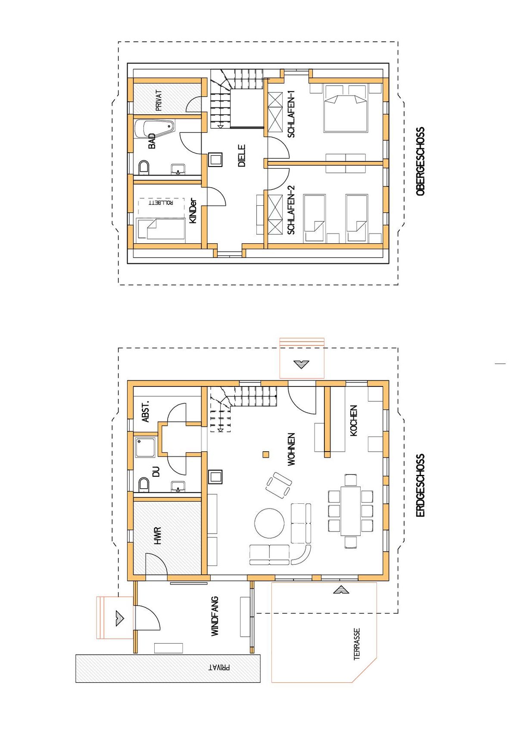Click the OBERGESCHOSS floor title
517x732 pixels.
click(420, 161)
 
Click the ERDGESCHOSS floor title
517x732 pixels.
click(420, 485)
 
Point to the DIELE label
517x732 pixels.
click(242, 156)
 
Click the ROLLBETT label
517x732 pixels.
click(161, 203)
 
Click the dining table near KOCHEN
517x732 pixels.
click(351, 511)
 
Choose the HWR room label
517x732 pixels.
click(158, 536)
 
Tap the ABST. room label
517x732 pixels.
click(146, 411)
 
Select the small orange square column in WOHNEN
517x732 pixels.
click(266, 454)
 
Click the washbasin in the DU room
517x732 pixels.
click(178, 486)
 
